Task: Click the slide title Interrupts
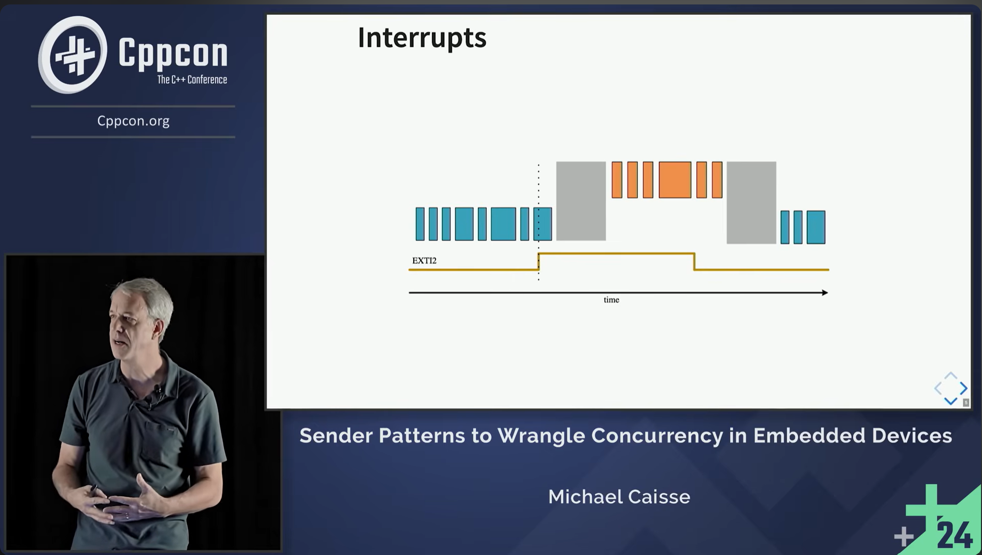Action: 422,38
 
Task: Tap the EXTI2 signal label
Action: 424,260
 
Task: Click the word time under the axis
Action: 611,300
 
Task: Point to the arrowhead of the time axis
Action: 824,293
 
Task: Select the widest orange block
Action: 674,180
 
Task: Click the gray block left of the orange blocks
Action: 581,201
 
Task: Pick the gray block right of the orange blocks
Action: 751,202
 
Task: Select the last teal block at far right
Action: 816,227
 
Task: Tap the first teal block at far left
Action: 420,224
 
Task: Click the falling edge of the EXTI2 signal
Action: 694,261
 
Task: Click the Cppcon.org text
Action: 133,121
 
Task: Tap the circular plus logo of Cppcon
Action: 73,54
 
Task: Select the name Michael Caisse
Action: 619,497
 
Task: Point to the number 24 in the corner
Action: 954,535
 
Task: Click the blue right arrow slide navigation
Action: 963,388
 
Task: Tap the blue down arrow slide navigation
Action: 950,401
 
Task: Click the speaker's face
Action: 131,326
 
